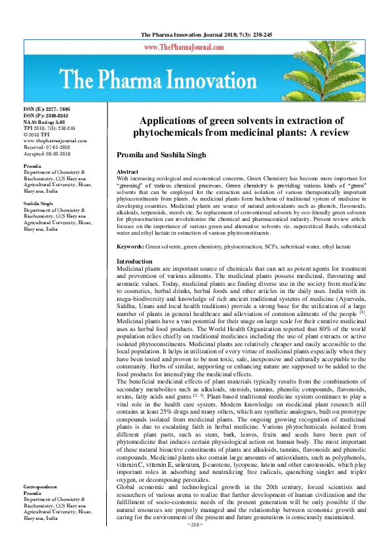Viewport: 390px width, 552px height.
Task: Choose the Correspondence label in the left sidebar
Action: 41,488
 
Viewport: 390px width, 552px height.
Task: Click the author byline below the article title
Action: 172,155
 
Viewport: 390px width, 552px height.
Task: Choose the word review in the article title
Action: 326,132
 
